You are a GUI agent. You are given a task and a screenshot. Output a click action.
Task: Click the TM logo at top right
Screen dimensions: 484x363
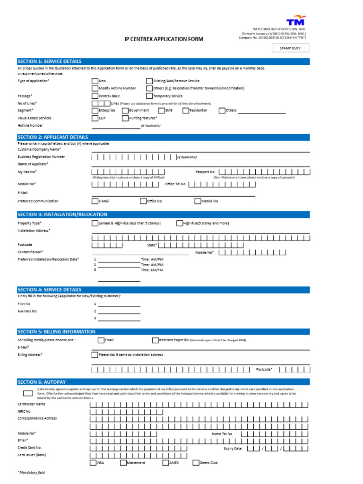pyautogui.click(x=296, y=21)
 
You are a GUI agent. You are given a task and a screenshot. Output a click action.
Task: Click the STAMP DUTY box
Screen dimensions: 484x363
pyautogui.click(x=290, y=48)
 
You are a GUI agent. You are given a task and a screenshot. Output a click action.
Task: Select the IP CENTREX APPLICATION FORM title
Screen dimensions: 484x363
pyautogui.click(x=164, y=39)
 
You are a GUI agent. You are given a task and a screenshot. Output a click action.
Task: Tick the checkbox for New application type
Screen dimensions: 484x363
pyautogui.click(x=95, y=81)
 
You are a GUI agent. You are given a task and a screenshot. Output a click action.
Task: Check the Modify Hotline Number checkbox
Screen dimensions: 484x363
pyautogui.click(x=95, y=88)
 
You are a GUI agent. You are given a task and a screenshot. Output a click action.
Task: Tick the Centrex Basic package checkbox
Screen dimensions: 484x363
pyautogui.click(x=95, y=96)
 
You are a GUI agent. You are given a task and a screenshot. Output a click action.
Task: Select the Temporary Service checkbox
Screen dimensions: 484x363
pyautogui.click(x=149, y=96)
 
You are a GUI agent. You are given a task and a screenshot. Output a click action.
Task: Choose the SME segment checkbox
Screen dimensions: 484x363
pyautogui.click(x=161, y=111)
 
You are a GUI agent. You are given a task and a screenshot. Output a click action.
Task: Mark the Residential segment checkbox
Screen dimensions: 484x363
pyautogui.click(x=186, y=111)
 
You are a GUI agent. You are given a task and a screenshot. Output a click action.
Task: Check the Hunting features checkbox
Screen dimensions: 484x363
pyautogui.click(x=125, y=118)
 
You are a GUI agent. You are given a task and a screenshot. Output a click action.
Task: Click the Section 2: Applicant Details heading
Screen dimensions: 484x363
pyautogui.click(x=52, y=137)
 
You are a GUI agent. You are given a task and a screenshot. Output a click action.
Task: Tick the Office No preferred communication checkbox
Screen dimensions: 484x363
pyautogui.click(x=143, y=201)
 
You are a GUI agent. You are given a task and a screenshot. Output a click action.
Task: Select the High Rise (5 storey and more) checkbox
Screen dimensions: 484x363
pyautogui.click(x=180, y=223)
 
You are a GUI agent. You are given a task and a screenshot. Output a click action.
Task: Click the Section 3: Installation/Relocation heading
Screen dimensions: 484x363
pyautogui.click(x=62, y=215)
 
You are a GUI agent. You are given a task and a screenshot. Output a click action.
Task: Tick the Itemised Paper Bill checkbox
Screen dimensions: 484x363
pyautogui.click(x=156, y=340)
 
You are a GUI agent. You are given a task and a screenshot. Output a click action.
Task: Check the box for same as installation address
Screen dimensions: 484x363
pyautogui.click(x=95, y=354)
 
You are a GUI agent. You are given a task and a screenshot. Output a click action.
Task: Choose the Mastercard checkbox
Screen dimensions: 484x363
pyautogui.click(x=123, y=463)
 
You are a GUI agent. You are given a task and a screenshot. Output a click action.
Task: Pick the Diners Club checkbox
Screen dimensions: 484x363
pyautogui.click(x=196, y=463)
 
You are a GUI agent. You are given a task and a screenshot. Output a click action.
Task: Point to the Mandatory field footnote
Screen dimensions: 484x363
pyautogui.click(x=31, y=472)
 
